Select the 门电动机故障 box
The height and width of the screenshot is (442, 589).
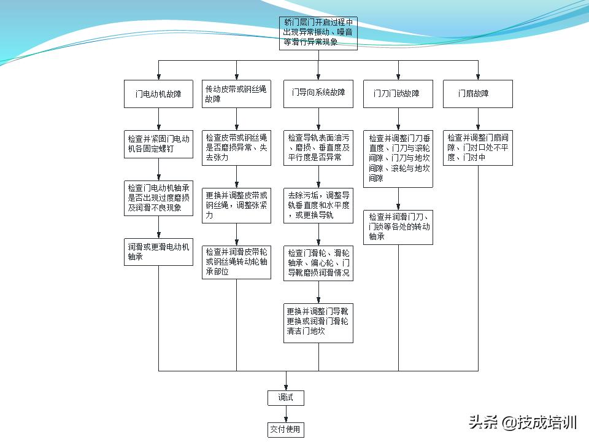coord(158,94)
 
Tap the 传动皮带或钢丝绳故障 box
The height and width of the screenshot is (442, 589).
coord(236,94)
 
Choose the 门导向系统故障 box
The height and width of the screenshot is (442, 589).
coord(318,93)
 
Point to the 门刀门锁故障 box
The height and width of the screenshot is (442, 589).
coord(398,94)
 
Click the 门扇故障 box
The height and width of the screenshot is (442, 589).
coord(477,94)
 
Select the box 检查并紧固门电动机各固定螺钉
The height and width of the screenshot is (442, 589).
coord(158,144)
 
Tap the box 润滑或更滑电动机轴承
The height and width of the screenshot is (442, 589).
coord(158,252)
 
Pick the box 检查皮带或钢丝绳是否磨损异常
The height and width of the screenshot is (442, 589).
coord(236,147)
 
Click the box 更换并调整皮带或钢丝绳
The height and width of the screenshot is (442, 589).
coord(236,205)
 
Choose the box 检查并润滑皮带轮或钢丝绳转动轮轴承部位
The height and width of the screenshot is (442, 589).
coord(236,262)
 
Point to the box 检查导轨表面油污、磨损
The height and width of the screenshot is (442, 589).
coord(318,147)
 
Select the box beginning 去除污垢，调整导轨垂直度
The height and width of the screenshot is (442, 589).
coord(318,205)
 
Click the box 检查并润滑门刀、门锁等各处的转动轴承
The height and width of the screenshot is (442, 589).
coord(398,227)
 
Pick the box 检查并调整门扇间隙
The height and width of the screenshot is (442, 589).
coord(477,147)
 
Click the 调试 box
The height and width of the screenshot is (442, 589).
coord(285,398)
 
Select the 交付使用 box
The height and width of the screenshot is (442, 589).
coord(285,429)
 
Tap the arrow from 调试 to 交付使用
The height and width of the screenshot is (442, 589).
coord(285,414)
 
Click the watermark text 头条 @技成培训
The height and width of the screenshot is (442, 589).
coord(522,422)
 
